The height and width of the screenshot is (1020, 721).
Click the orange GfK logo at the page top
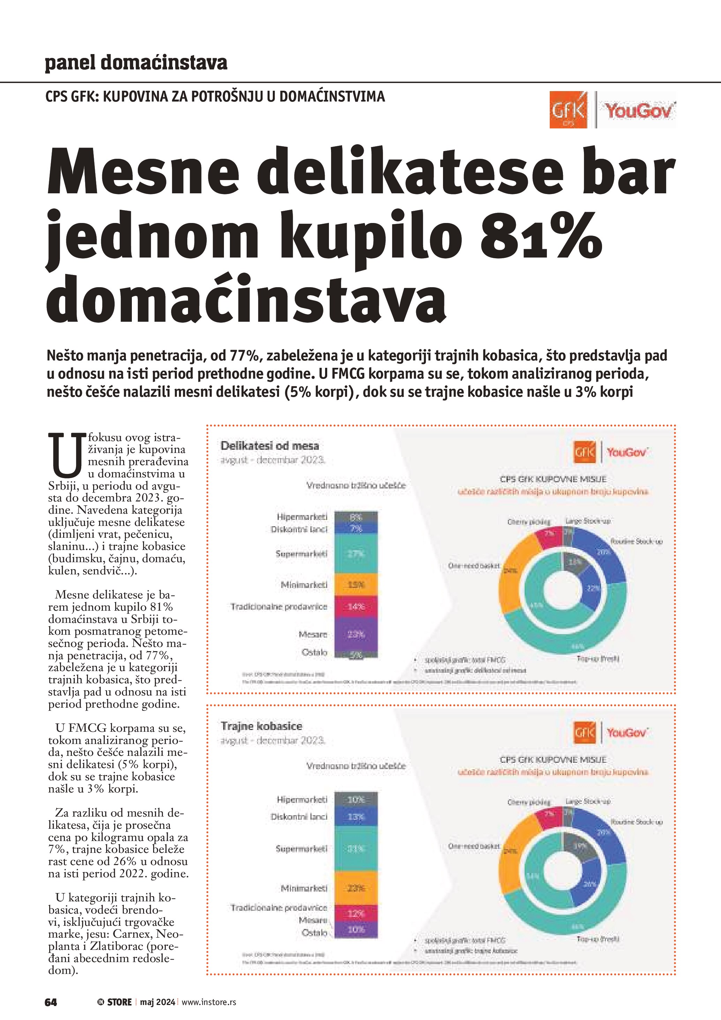click(x=568, y=110)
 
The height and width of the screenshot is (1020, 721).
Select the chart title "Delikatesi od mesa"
click(x=270, y=446)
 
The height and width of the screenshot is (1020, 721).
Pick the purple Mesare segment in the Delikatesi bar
click(x=355, y=634)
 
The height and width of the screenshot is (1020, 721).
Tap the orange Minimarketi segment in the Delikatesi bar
click(x=355, y=585)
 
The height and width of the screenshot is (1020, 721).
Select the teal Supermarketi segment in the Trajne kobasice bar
click(x=355, y=849)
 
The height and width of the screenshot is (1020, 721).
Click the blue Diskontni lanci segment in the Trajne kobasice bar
click(x=355, y=817)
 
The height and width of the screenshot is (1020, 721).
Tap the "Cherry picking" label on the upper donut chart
click(x=529, y=522)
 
